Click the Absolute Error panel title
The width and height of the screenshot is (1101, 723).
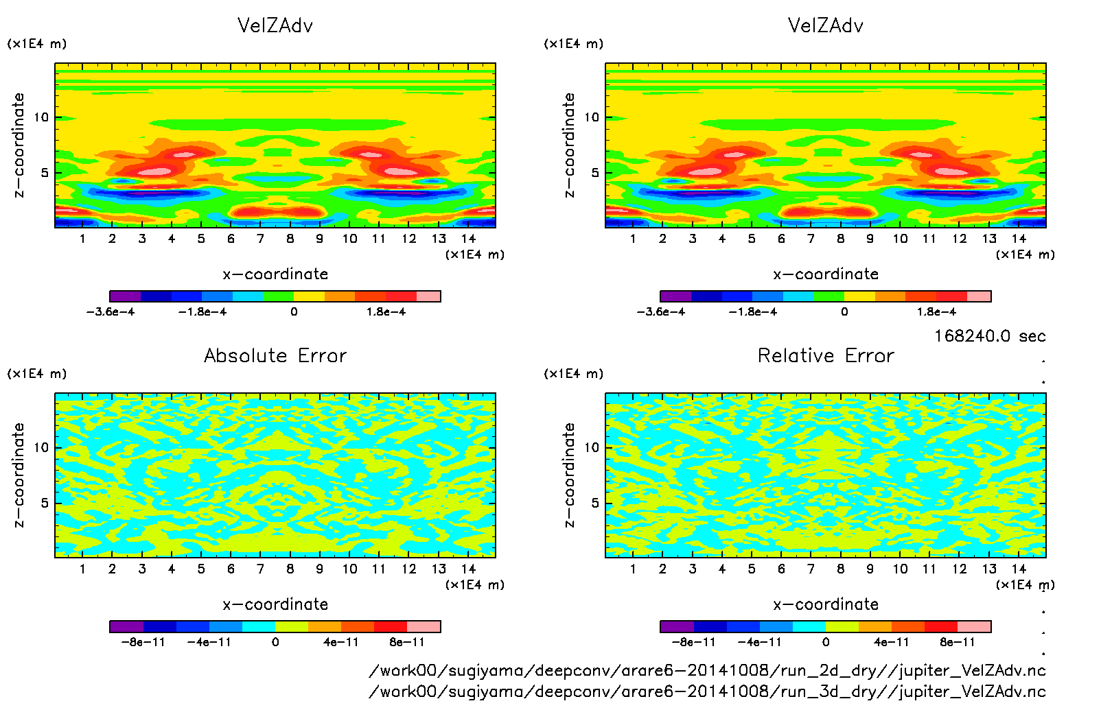click(x=275, y=355)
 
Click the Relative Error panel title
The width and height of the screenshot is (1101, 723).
click(x=826, y=355)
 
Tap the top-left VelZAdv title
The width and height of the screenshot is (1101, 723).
click(x=275, y=25)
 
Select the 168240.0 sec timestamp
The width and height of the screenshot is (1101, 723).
click(x=990, y=336)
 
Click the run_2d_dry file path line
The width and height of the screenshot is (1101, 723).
click(x=707, y=670)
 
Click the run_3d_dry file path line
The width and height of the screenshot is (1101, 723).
click(x=707, y=691)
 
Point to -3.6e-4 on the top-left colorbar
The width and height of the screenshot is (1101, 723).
click(x=111, y=311)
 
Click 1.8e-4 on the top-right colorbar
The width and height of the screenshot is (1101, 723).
click(x=936, y=311)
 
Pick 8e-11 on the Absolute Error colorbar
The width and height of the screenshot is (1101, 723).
click(x=407, y=642)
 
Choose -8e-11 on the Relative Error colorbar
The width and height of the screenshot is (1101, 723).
click(x=693, y=642)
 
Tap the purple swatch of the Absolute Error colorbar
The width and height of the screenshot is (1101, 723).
click(x=126, y=626)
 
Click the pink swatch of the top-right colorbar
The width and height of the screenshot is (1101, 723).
click(x=979, y=296)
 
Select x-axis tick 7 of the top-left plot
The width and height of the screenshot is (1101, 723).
click(x=260, y=239)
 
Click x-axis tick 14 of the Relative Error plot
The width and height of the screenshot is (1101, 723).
click(x=1019, y=569)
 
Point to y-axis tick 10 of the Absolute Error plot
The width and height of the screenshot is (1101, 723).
click(x=42, y=447)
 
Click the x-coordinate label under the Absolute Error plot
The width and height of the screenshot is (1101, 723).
click(x=275, y=604)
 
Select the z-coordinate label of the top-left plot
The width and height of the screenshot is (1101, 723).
click(x=19, y=145)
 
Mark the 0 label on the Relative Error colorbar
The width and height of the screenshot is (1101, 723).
click(x=826, y=642)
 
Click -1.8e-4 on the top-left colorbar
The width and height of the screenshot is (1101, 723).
click(x=202, y=311)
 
